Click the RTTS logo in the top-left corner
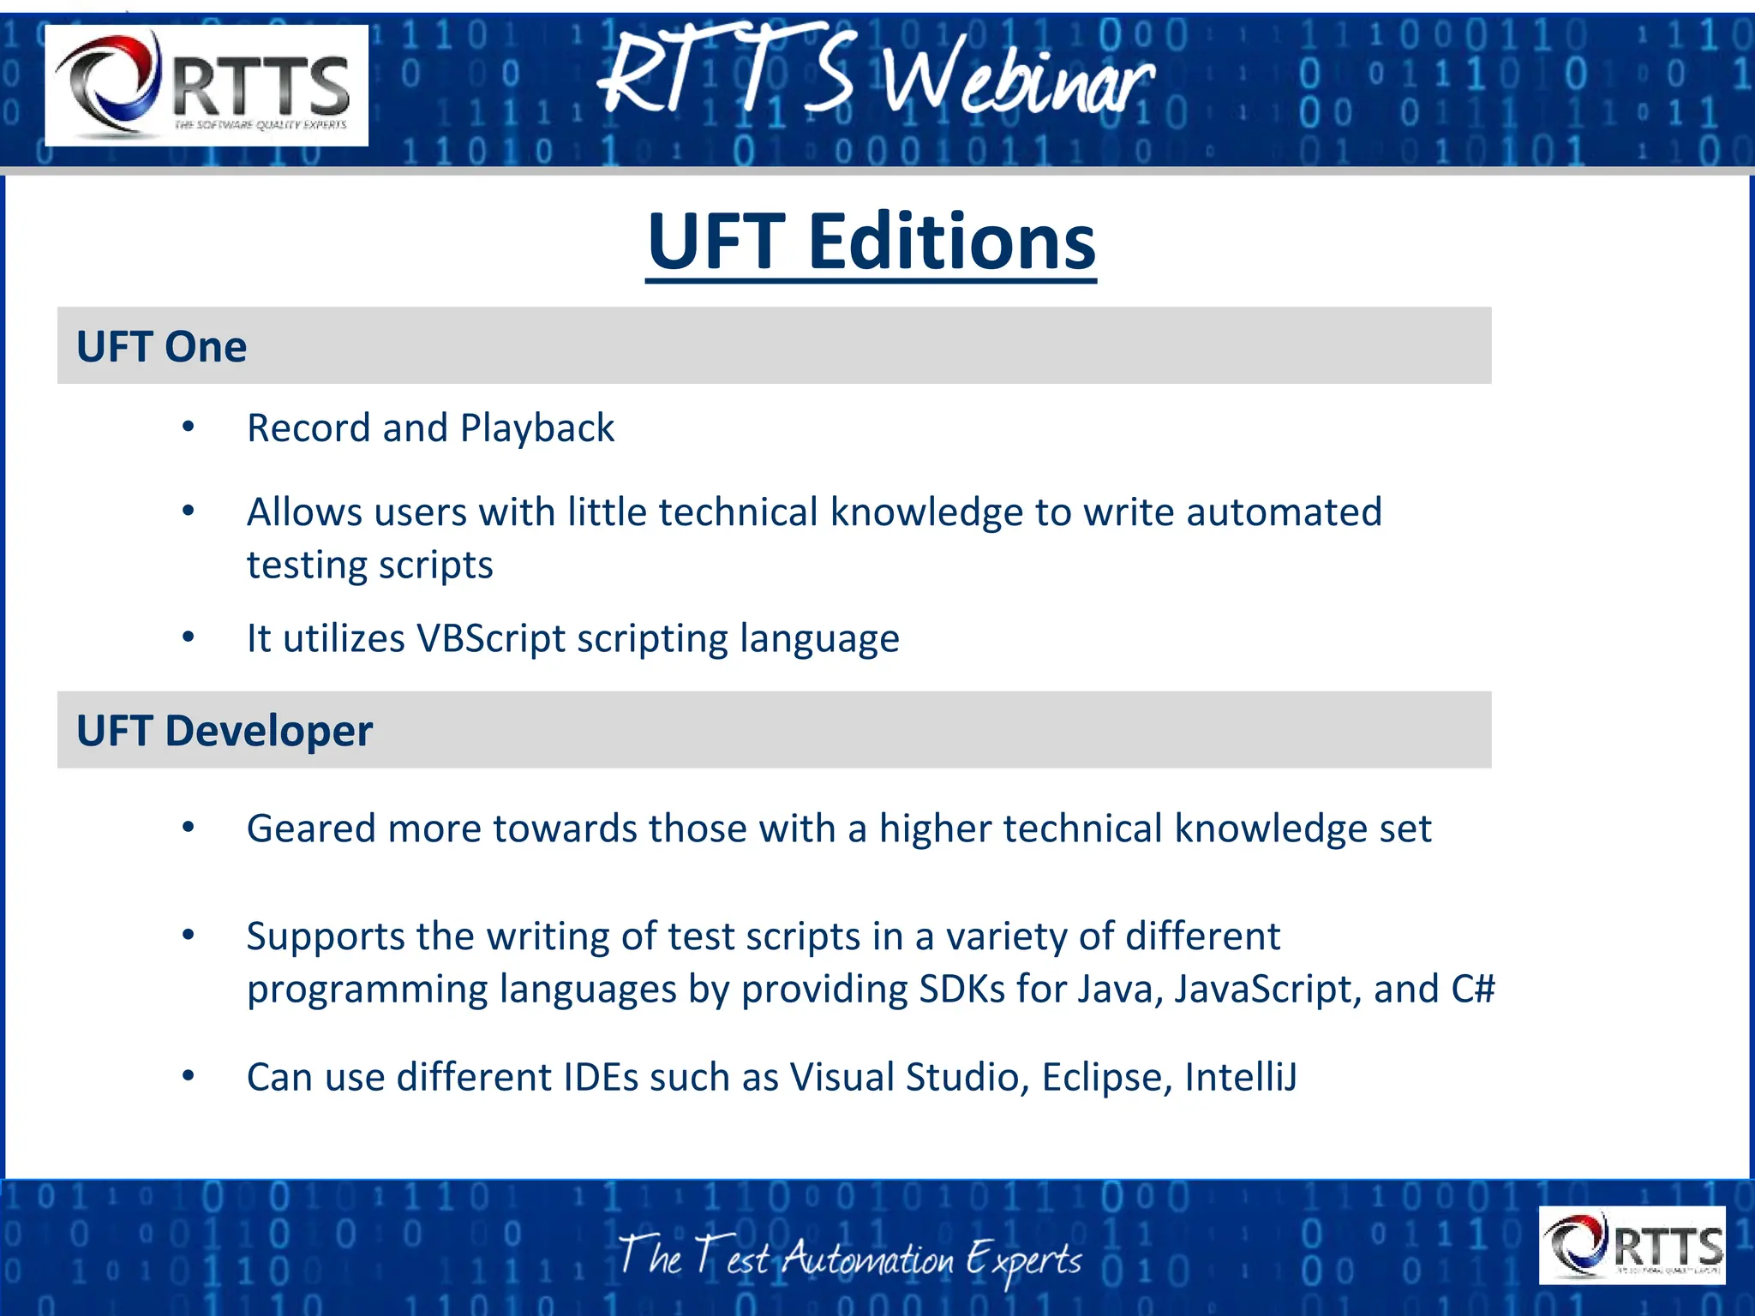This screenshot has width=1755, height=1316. pos(207,85)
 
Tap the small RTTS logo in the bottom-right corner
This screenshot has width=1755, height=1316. pos(1632,1245)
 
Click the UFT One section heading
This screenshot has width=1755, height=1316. pos(161,347)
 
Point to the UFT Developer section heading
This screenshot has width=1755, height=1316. pos(225,732)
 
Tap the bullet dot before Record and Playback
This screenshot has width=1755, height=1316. pos(189,426)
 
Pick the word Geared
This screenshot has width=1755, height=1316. pos(311,828)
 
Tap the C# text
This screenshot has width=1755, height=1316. pos(1472,990)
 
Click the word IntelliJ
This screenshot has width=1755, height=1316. pos(1240,1077)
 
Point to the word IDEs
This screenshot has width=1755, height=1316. pos(601,1077)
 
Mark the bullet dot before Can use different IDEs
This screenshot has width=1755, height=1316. pos(189,1075)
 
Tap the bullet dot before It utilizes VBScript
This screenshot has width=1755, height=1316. pos(189,637)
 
